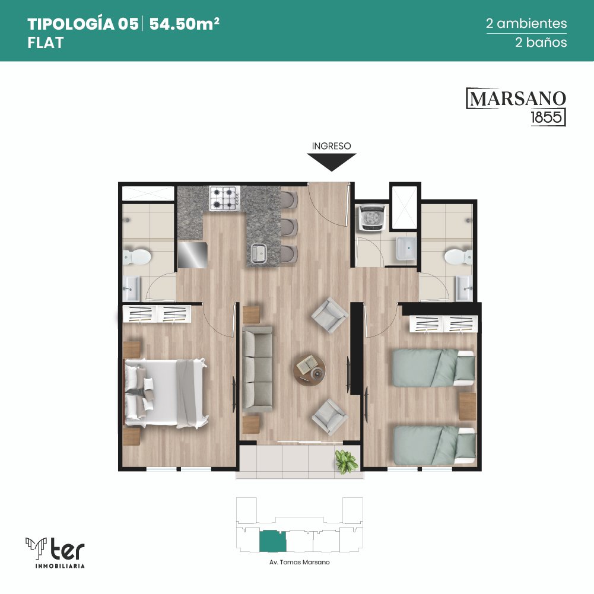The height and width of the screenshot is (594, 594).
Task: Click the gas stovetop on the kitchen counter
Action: click(225, 198)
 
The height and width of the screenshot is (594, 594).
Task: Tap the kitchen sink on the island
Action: click(259, 253)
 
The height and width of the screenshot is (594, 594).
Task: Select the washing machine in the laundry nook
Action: click(371, 217)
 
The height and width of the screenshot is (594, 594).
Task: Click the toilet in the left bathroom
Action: click(136, 257)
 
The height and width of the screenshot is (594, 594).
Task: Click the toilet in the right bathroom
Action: click(458, 257)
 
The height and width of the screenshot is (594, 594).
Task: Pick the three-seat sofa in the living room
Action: click(257, 369)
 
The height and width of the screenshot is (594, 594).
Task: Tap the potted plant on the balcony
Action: click(346, 461)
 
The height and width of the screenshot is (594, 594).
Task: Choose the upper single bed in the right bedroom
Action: click(434, 368)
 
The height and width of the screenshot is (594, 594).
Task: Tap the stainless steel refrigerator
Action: click(192, 255)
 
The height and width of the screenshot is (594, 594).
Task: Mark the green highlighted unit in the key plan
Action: click(273, 541)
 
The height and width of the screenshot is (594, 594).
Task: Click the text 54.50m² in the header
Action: click(185, 24)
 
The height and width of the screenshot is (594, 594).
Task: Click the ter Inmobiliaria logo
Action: click(55, 552)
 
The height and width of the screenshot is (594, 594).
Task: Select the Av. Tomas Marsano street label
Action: click(300, 563)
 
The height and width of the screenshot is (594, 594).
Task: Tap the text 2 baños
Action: click(541, 42)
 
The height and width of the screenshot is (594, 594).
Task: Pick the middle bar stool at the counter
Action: click(290, 227)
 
